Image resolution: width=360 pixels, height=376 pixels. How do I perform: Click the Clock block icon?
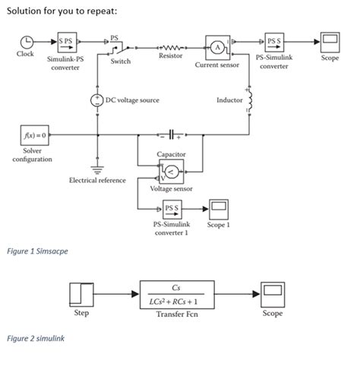click(27, 43)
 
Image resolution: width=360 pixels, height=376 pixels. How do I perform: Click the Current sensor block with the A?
click(217, 47)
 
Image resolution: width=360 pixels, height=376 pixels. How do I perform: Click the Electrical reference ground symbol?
click(97, 169)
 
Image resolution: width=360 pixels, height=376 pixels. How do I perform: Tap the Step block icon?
click(81, 294)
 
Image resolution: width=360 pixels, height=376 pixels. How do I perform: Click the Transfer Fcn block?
click(176, 294)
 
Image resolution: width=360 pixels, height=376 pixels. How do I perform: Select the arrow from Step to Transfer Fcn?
click(117, 294)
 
